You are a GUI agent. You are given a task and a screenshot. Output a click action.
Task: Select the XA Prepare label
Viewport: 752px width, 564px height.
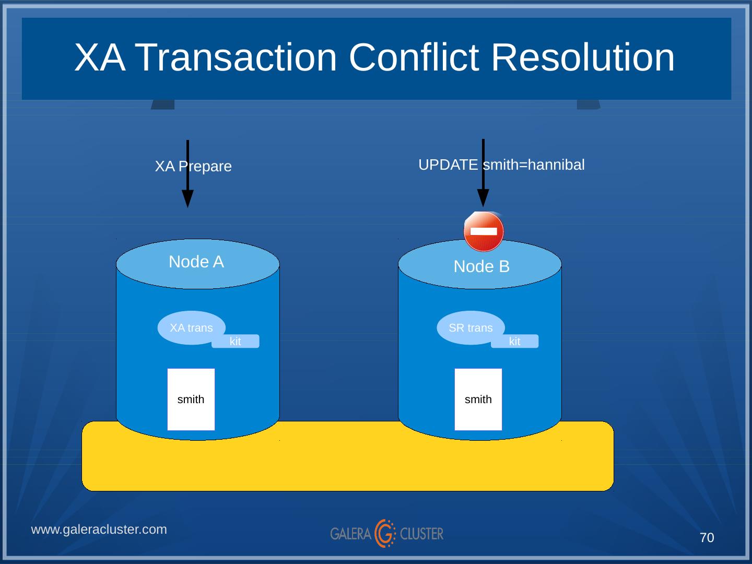[193, 167]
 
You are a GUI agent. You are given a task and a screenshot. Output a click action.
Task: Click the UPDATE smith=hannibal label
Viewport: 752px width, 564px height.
[501, 165]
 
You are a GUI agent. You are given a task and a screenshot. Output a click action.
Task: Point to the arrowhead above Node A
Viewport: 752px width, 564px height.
[187, 198]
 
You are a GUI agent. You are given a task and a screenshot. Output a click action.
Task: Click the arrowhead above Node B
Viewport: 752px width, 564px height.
[483, 197]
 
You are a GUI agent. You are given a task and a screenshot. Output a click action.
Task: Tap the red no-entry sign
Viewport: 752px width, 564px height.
[484, 231]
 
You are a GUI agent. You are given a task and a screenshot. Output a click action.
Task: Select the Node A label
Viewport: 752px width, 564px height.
[196, 262]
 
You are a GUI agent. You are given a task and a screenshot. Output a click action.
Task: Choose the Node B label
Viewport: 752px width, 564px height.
[481, 266]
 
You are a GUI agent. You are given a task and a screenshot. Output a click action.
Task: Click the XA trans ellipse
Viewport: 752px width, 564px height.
[191, 327]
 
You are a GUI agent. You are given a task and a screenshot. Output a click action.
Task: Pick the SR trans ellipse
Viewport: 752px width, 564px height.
[471, 327]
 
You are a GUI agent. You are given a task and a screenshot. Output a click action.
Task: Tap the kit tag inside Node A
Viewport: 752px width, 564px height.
[236, 342]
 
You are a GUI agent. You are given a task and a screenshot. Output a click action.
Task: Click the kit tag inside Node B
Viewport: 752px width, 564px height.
[515, 342]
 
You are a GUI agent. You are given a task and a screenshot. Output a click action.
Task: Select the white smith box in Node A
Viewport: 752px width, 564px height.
[191, 399]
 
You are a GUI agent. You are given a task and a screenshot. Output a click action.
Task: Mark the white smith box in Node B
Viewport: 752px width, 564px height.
[478, 399]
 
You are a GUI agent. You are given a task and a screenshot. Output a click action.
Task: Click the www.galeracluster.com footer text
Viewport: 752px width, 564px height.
[99, 530]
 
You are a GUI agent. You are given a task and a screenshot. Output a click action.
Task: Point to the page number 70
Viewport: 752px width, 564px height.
[707, 538]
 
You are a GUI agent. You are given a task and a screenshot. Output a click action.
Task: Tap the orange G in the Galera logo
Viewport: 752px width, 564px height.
[385, 533]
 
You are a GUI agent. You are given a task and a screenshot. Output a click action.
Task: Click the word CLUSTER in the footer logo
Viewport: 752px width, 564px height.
[421, 534]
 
